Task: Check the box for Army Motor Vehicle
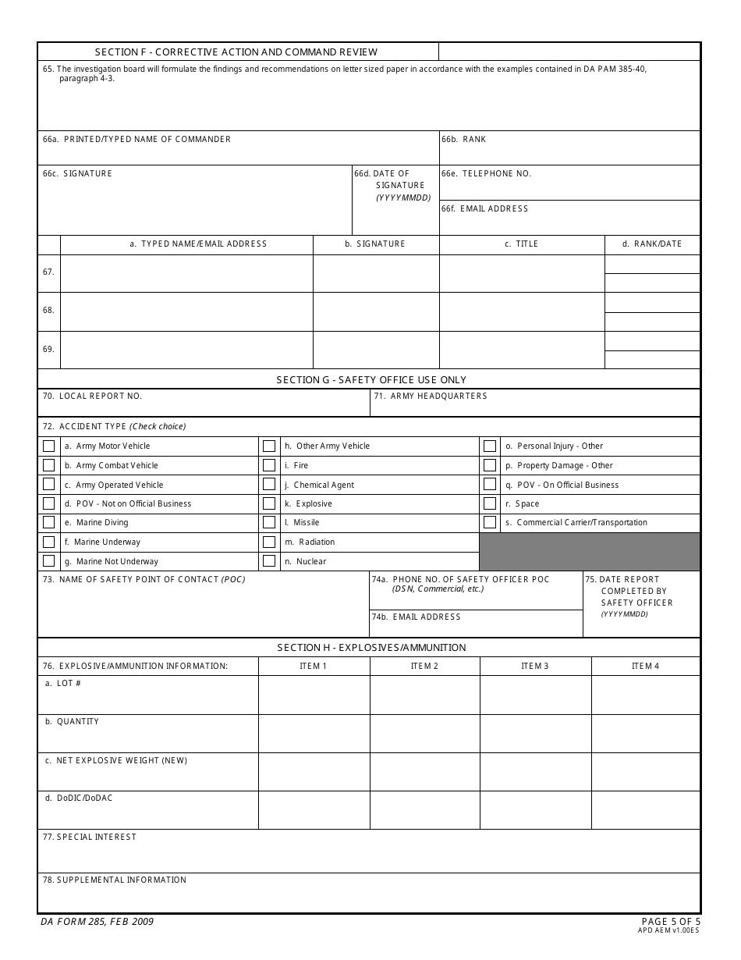(x=49, y=446)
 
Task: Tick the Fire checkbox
(x=269, y=465)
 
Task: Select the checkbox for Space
(x=490, y=503)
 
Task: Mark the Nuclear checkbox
(x=269, y=561)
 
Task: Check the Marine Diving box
(x=49, y=523)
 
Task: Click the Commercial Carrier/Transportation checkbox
(x=490, y=523)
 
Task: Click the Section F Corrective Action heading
(x=236, y=52)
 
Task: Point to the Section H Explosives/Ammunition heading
(x=371, y=648)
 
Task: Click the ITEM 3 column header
(x=535, y=666)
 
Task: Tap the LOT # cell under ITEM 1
(x=314, y=695)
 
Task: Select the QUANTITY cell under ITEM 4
(x=646, y=733)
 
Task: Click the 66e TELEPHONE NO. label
(x=487, y=173)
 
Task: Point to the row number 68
(x=48, y=311)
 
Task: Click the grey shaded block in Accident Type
(x=589, y=552)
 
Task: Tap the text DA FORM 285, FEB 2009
(x=97, y=922)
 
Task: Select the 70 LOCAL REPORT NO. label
(x=93, y=396)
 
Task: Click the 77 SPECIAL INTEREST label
(x=90, y=837)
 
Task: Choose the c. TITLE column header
(x=522, y=244)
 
